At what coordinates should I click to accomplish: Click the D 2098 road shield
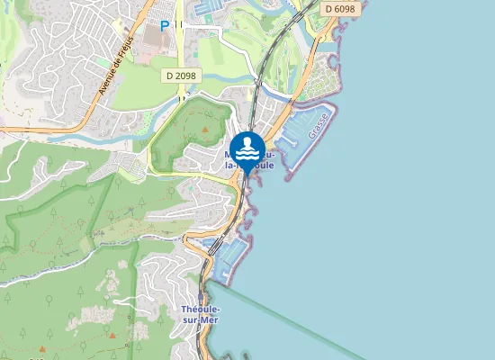pyautogui.click(x=183, y=76)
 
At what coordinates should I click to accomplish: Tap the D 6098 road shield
pyautogui.click(x=339, y=8)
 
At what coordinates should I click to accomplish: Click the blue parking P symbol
pyautogui.click(x=164, y=27)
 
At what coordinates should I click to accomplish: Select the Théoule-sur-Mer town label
pyautogui.click(x=201, y=316)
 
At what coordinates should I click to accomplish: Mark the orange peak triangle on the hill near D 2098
pyautogui.click(x=204, y=130)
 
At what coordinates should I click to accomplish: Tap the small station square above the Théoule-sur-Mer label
pyautogui.click(x=200, y=295)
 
